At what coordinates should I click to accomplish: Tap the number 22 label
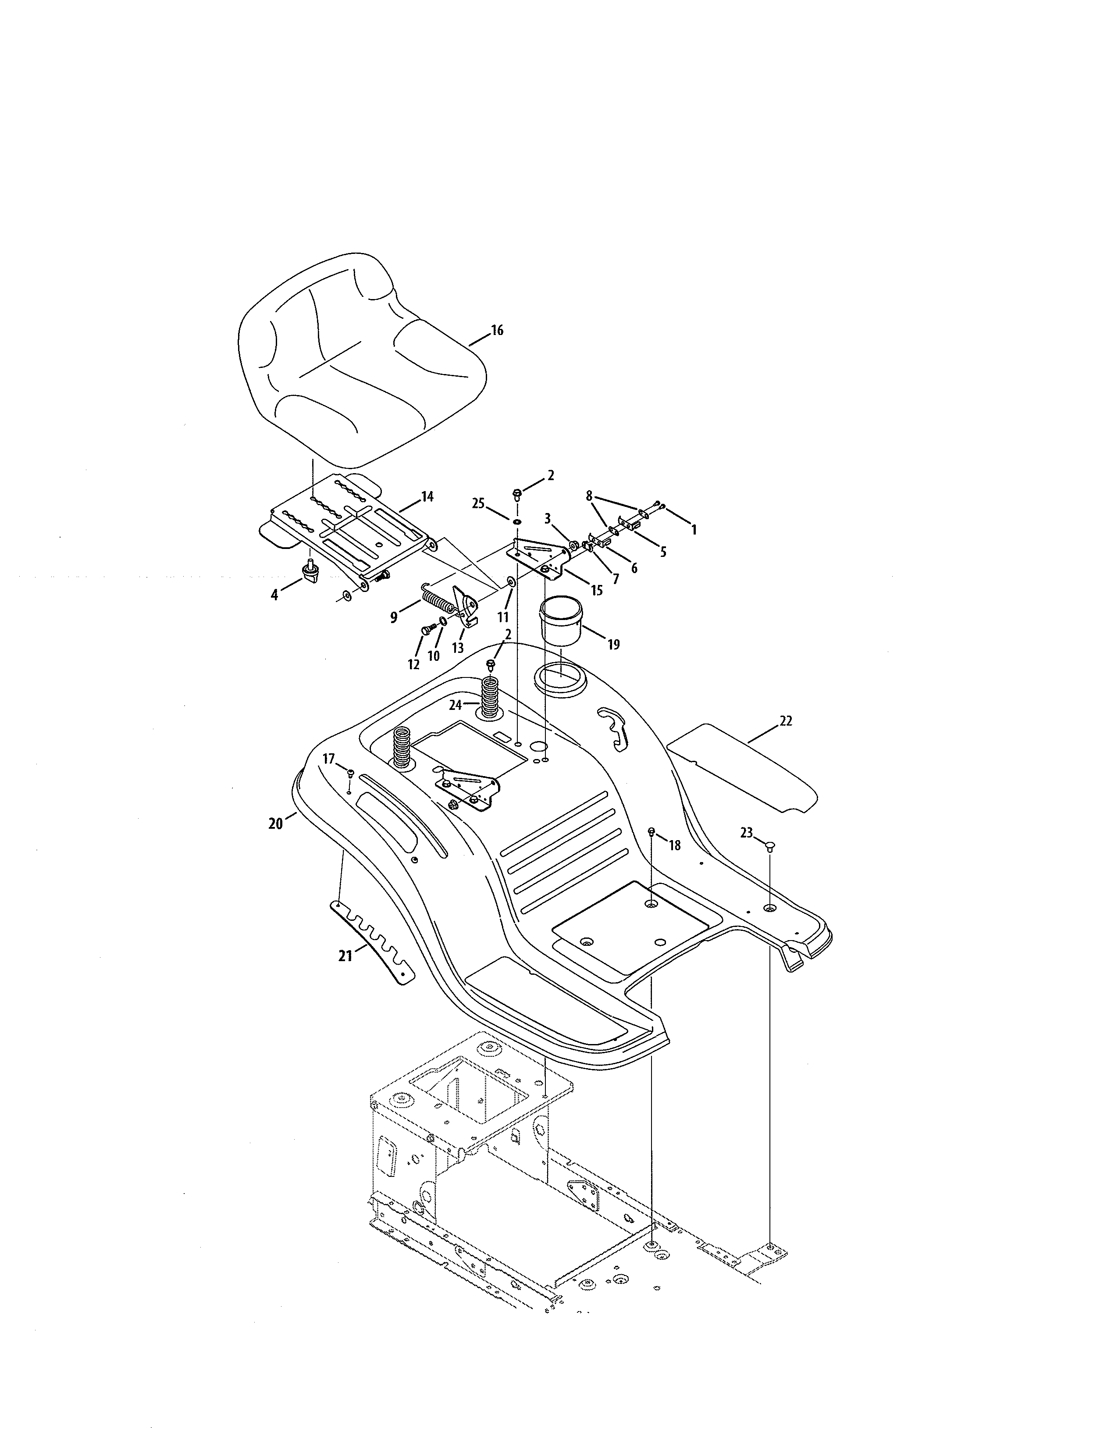point(786,721)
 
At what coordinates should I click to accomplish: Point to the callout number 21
point(345,956)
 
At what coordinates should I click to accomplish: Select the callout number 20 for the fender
point(275,823)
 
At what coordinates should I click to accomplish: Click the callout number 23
point(747,833)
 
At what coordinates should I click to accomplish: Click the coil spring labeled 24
point(489,697)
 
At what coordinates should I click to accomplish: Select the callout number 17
point(328,759)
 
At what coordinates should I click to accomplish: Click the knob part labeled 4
point(309,570)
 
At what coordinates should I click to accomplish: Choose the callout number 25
point(478,503)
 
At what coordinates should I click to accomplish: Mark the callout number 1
point(694,530)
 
